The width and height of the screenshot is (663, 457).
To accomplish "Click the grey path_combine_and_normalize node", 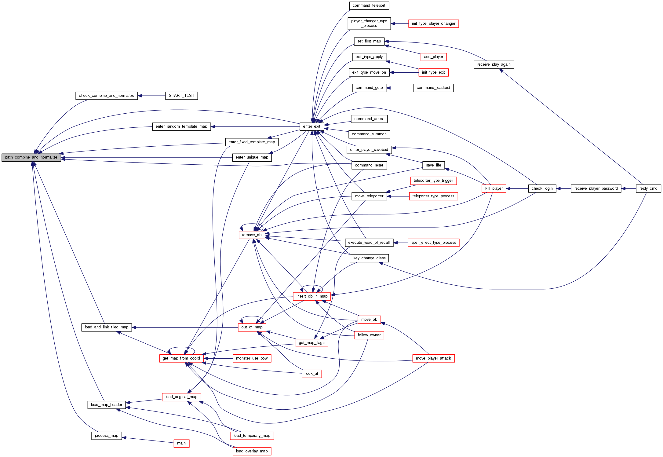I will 31,158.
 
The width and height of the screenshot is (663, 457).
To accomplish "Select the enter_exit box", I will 311,126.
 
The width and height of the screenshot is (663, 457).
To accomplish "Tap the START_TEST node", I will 181,96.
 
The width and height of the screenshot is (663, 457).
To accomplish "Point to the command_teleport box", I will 369,5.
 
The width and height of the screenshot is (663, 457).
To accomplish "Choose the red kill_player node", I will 494,188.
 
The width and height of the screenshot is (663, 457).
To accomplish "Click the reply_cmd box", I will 648,188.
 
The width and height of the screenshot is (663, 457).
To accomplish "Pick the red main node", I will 181,443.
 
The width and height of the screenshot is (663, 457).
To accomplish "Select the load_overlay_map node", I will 252,451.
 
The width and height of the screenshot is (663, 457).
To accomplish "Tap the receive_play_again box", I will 494,64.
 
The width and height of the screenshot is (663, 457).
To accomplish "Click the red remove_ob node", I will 252,235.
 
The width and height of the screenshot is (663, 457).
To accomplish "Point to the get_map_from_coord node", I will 181,358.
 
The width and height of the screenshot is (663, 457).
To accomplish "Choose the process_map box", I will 107,436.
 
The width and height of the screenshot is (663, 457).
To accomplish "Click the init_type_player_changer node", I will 433,24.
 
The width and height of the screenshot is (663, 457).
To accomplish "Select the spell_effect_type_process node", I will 433,243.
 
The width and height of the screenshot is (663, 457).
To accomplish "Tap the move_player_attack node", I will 433,358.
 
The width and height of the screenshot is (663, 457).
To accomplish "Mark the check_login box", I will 542,188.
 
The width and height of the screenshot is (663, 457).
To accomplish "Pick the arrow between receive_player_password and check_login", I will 563,188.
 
